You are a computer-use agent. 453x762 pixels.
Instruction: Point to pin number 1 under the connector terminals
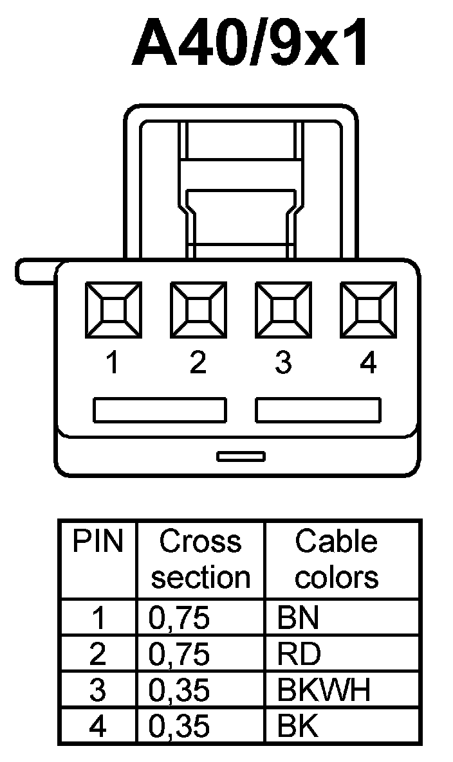[113, 364]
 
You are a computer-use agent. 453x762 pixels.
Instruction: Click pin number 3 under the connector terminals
[283, 364]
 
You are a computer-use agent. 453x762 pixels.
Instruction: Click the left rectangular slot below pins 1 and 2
[160, 410]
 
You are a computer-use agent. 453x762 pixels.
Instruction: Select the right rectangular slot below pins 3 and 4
[318, 410]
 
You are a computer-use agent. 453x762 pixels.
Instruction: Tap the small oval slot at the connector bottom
[241, 456]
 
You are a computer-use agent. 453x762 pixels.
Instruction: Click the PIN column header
[97, 542]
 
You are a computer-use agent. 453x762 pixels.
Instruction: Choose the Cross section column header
[200, 560]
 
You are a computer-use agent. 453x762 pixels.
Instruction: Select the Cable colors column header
[336, 560]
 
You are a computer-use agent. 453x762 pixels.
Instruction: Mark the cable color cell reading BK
[298, 727]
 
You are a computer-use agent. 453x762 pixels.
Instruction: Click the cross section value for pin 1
[180, 618]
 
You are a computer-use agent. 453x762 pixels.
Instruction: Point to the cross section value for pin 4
[180, 727]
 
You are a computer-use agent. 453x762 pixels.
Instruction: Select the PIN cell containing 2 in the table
[98, 654]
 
